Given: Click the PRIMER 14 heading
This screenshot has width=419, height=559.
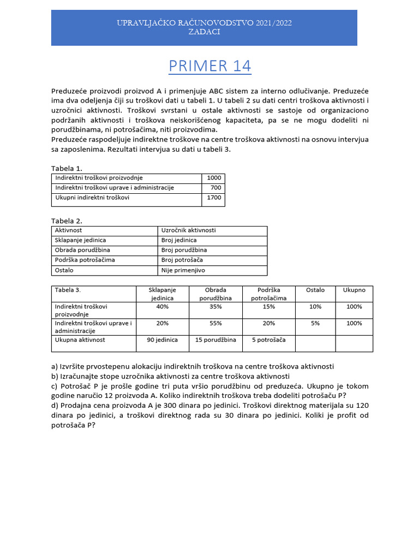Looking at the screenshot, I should coord(209,66).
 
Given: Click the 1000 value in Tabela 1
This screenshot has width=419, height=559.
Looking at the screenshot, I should coord(214,178).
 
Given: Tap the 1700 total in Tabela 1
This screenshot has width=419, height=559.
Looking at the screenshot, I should coord(214,198).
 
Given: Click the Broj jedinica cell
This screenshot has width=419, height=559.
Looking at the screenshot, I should coord(179,240).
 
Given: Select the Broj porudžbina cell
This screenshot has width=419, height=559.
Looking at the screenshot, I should coord(184,250).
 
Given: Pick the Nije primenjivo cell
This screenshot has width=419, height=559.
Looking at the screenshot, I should coord(183,270).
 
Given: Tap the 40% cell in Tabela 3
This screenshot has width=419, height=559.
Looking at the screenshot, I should coord(162,307).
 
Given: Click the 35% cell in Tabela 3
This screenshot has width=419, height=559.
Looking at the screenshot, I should coord(216,307).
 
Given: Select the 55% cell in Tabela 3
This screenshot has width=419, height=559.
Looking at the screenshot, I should coord(216,323).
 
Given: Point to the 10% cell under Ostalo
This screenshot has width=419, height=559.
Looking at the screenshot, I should coord(315,307).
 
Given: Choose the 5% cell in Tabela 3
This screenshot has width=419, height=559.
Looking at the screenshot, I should coord(315,323).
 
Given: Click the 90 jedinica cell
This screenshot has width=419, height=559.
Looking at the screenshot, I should coord(162,340).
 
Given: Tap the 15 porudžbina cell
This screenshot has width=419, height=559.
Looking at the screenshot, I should coord(216,340).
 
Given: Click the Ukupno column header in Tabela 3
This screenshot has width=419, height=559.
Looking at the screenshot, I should coord(354,290).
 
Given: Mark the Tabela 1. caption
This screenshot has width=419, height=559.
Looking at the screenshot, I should coord(67,168).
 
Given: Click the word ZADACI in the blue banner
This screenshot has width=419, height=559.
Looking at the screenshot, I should coord(204,32).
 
